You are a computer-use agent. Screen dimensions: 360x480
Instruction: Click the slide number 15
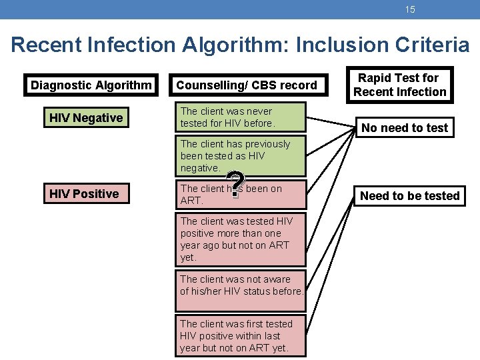pos(410,10)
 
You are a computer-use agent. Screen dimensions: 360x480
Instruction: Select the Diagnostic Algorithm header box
pos(91,85)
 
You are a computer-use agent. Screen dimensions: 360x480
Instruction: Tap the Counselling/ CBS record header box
pos(247,85)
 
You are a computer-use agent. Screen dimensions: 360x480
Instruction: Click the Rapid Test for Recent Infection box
pos(399,85)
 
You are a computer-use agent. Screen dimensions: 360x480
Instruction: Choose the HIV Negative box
pos(86,118)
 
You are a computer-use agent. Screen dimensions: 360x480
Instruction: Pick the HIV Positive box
pos(84,194)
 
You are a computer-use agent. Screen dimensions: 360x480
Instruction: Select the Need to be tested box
pos(409,195)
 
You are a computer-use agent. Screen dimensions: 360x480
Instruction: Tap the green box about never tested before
pos(240,117)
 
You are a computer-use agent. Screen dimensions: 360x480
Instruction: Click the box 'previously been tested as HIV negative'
pos(240,156)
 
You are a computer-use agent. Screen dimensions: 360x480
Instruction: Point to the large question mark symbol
pos(234,186)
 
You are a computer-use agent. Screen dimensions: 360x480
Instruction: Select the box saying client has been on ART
pos(240,195)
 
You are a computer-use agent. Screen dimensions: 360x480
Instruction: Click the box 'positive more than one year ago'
pos(240,239)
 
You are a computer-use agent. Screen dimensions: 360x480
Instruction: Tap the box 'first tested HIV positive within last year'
pos(240,336)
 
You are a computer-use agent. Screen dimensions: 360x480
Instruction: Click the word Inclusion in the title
pos(339,45)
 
